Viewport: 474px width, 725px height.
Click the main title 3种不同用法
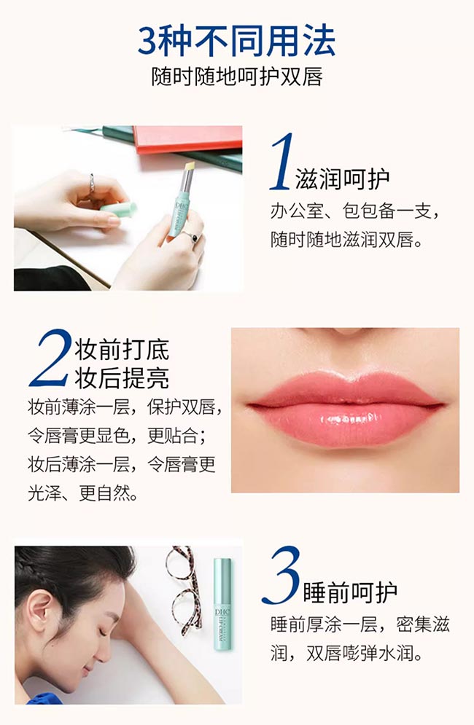236,41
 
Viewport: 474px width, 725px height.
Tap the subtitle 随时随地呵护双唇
236,77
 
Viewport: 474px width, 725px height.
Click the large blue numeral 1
282,161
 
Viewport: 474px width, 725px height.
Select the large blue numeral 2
50,358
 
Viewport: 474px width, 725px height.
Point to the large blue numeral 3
281,575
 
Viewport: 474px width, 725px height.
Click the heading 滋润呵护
343,179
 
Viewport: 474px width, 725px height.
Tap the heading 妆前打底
123,349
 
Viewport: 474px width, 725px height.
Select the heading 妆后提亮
123,378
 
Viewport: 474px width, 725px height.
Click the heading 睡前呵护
351,593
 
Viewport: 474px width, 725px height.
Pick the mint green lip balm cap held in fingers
119,210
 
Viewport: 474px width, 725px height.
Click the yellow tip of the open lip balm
190,167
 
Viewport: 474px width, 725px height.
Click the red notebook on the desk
187,138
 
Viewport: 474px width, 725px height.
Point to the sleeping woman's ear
40,611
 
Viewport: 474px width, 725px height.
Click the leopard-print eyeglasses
184,589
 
